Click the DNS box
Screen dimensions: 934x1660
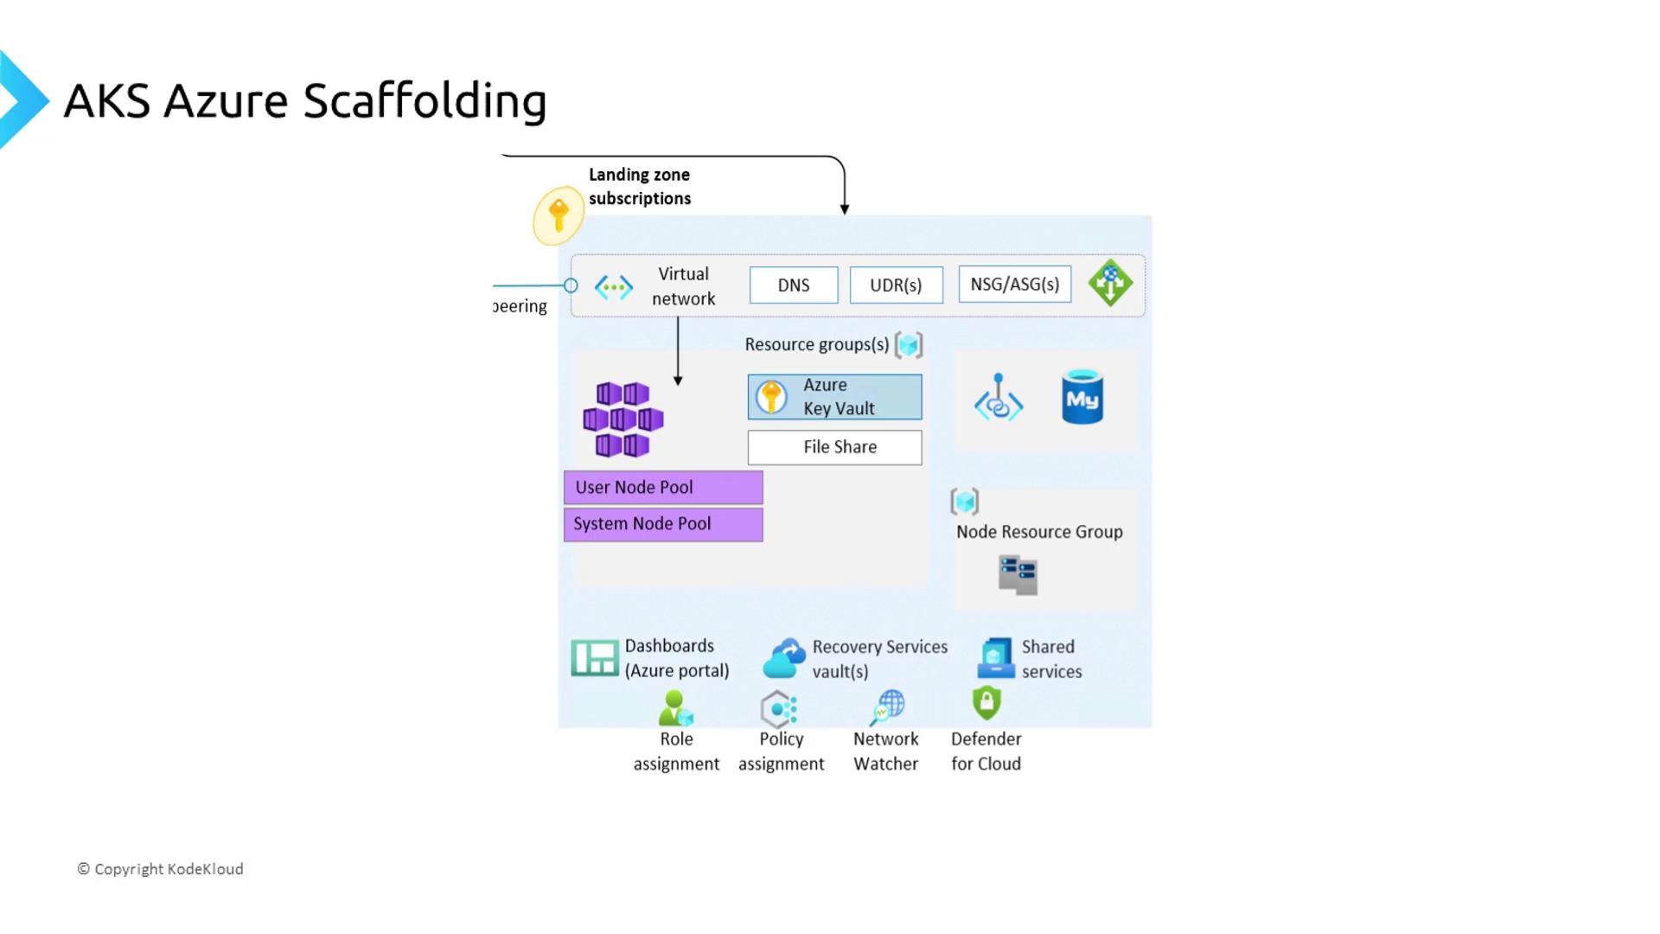pyautogui.click(x=794, y=285)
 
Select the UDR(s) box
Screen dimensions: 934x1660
pyautogui.click(x=896, y=285)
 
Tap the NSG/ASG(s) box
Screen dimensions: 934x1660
pyautogui.click(x=1014, y=285)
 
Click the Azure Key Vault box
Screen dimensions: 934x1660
pyautogui.click(x=834, y=397)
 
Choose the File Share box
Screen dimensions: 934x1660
pyautogui.click(x=834, y=447)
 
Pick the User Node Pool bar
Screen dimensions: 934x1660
pyautogui.click(x=663, y=488)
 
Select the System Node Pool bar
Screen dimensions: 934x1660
pyautogui.click(x=663, y=524)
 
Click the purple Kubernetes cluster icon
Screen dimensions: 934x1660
pyautogui.click(x=622, y=419)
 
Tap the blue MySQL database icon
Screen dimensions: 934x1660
pyautogui.click(x=1082, y=397)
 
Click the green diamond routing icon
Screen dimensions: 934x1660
pyautogui.click(x=1110, y=283)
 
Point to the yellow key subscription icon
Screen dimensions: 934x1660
pyautogui.click(x=559, y=215)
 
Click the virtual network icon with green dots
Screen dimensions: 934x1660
pyautogui.click(x=614, y=287)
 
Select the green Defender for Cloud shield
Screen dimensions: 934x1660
pyautogui.click(x=986, y=703)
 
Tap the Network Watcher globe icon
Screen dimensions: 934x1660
pyautogui.click(x=888, y=707)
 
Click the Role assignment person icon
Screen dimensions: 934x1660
pyautogui.click(x=674, y=708)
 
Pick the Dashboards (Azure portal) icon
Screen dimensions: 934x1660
pyautogui.click(x=595, y=658)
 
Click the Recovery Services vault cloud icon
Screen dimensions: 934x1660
pyautogui.click(x=784, y=659)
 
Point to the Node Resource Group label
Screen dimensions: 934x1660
pyautogui.click(x=1039, y=532)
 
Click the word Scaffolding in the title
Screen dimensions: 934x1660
pyautogui.click(x=425, y=100)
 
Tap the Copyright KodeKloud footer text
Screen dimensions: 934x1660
pyautogui.click(x=161, y=869)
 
